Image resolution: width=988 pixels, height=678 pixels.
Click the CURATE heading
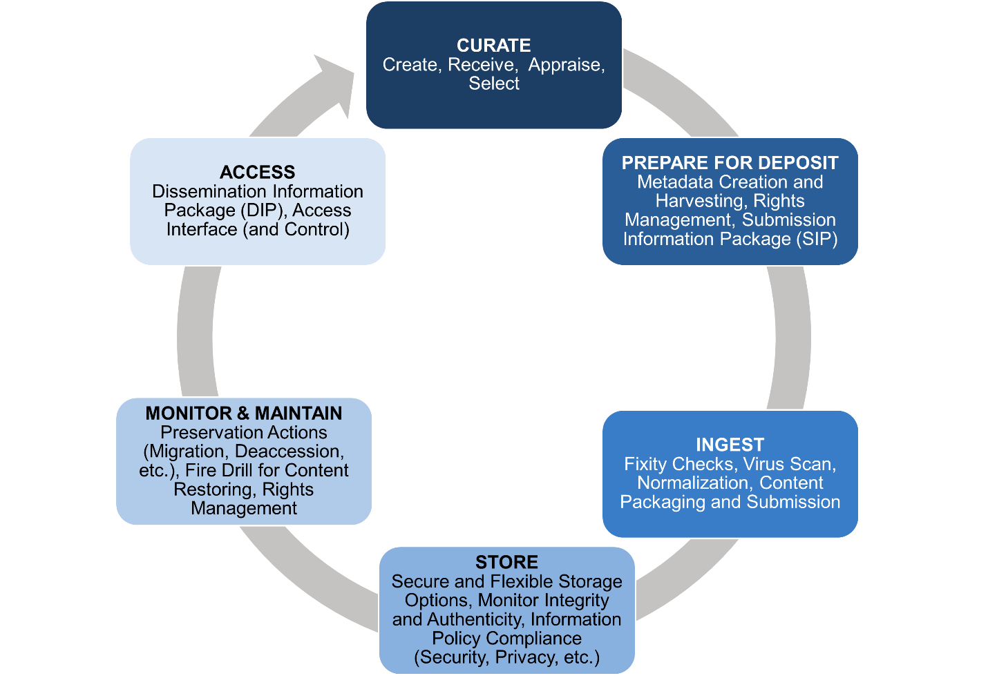click(x=493, y=46)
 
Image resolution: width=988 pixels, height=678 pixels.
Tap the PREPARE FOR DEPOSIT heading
click(x=730, y=163)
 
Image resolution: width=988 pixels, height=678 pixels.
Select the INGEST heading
click(x=730, y=445)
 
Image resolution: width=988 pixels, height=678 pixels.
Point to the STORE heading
click(x=506, y=562)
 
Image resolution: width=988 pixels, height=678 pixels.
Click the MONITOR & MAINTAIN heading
click(x=243, y=414)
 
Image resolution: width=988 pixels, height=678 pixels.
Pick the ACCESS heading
click(x=257, y=172)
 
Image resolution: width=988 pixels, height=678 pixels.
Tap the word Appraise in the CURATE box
click(x=564, y=65)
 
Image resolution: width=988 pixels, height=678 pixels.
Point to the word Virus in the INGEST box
click(x=763, y=464)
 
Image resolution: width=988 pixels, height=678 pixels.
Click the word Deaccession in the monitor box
click(x=289, y=452)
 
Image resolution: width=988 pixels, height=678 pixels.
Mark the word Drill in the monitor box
click(x=233, y=470)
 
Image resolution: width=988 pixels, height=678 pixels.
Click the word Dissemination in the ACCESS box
click(x=208, y=191)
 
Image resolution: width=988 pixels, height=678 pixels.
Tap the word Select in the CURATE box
click(x=493, y=84)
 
